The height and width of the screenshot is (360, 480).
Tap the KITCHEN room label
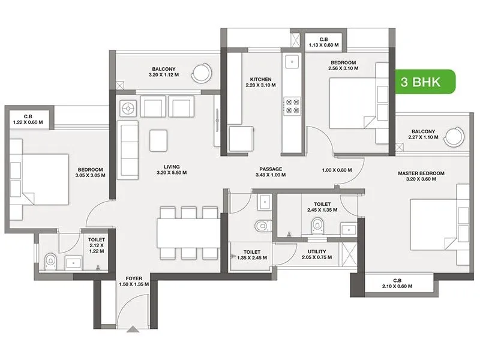(261, 82)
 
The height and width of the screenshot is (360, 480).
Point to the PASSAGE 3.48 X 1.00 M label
(271, 172)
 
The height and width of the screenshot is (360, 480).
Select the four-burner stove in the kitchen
(292, 106)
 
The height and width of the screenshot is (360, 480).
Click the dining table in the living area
(187, 232)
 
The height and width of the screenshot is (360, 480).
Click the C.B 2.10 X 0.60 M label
(397, 283)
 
